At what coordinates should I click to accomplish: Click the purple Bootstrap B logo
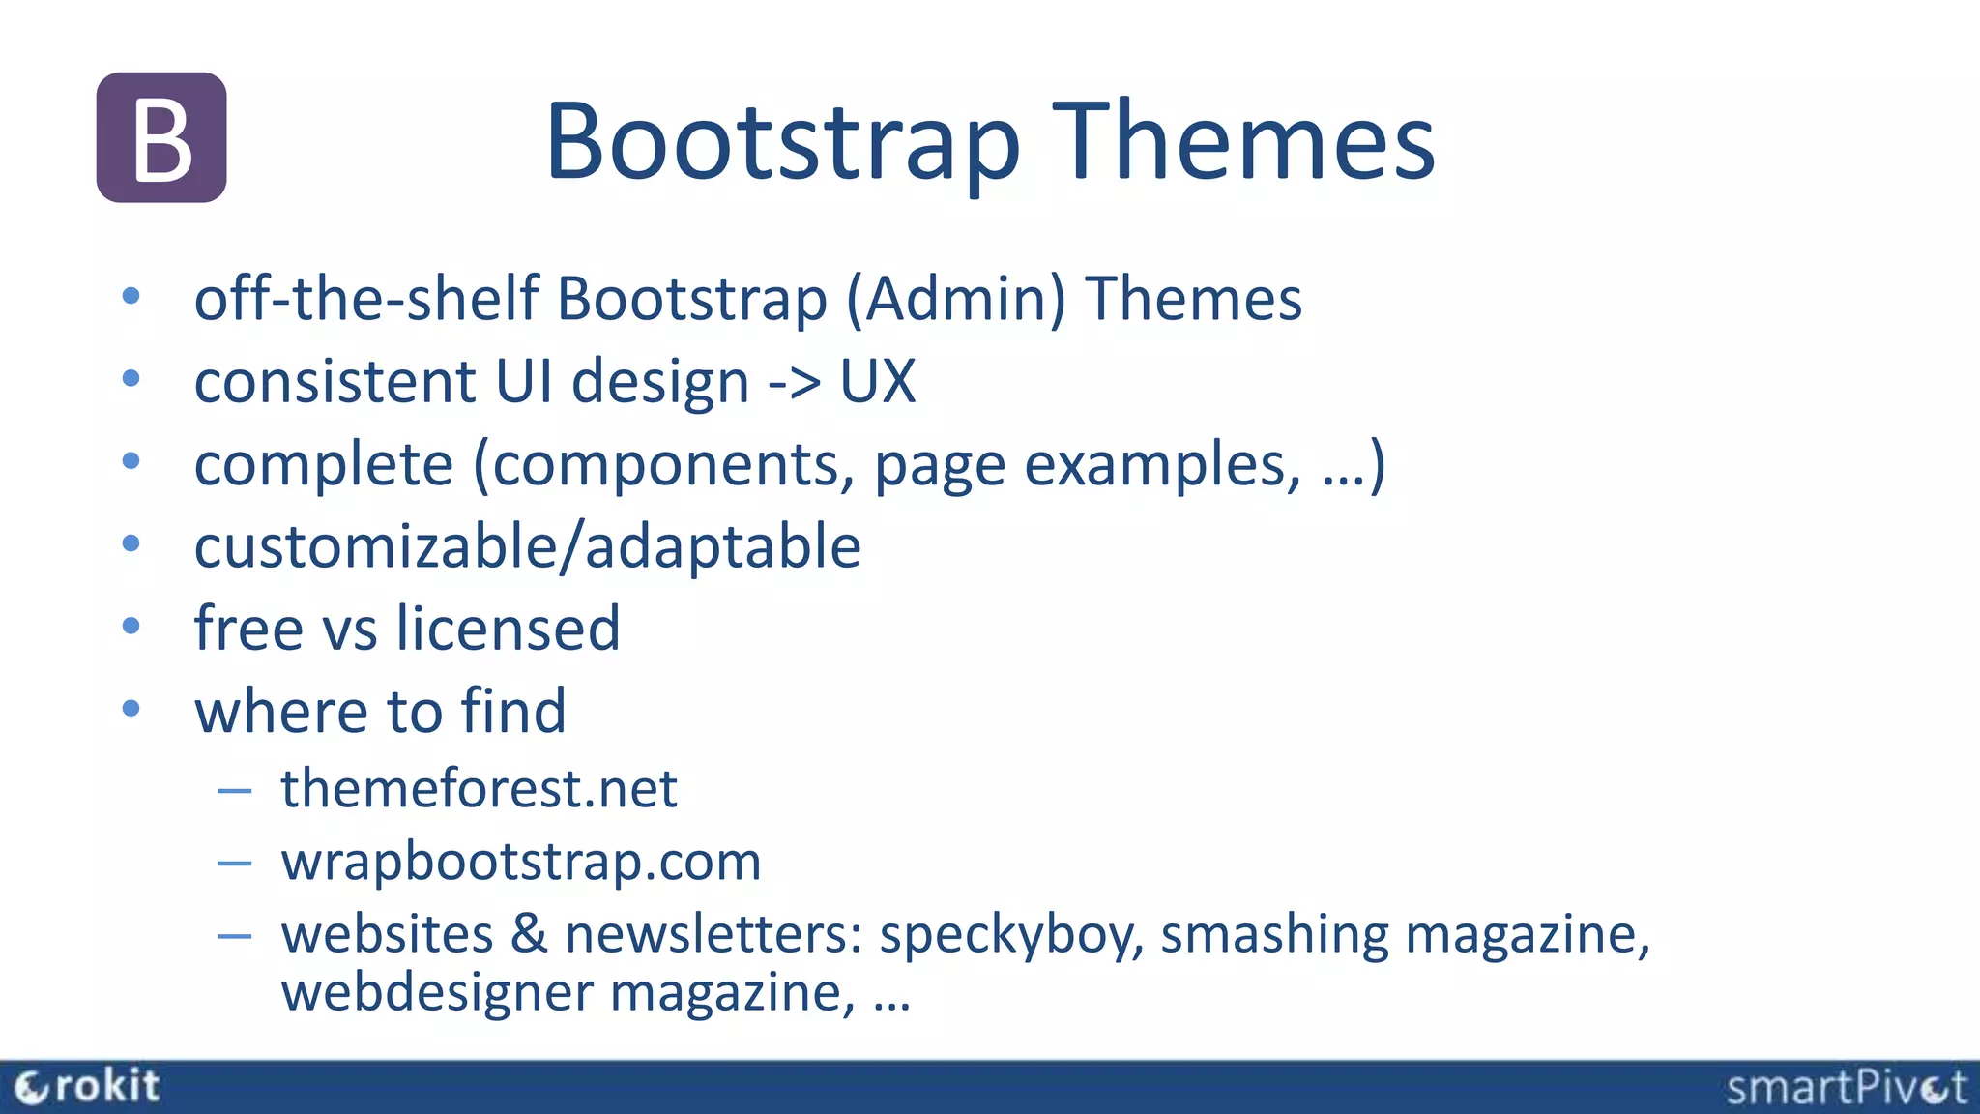tap(161, 137)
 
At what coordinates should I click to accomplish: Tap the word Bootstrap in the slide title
tap(783, 142)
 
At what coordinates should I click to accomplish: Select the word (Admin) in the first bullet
tap(955, 298)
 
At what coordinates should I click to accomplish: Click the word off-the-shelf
tap(366, 298)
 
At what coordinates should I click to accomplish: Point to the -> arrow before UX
tap(794, 382)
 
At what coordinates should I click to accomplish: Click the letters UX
tap(877, 382)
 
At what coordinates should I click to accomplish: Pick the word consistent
tap(335, 382)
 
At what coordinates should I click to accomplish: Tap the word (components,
tap(663, 465)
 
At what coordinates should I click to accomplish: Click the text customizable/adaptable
tap(527, 547)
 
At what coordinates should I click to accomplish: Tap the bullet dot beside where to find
tap(131, 709)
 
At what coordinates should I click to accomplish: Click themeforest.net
tap(479, 788)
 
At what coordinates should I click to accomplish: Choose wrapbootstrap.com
tap(521, 862)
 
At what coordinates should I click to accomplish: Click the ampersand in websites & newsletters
tap(529, 934)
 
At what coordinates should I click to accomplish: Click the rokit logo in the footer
tap(87, 1087)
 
